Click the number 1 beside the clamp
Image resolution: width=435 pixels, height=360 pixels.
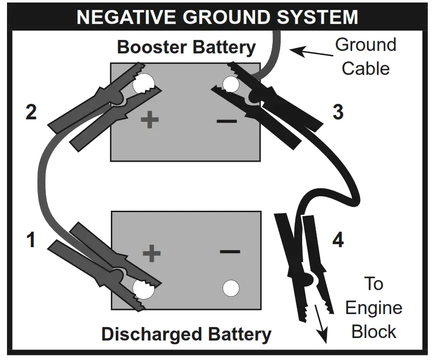tap(31, 240)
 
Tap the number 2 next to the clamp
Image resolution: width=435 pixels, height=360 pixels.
tap(31, 112)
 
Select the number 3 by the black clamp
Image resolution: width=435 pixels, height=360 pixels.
tap(338, 112)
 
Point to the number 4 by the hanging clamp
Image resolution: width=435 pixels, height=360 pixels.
tap(338, 241)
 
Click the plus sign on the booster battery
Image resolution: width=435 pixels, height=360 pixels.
tap(149, 120)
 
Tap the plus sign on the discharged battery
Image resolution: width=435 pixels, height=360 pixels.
tap(151, 253)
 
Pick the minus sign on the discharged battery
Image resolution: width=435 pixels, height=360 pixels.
tap(230, 251)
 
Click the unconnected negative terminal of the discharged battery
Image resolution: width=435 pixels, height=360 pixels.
tap(230, 288)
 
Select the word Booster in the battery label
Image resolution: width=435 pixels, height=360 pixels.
tap(151, 47)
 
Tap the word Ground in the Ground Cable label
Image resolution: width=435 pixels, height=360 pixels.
tap(366, 44)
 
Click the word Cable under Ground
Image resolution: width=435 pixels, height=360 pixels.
tap(366, 68)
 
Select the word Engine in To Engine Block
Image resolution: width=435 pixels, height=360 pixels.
tap(374, 308)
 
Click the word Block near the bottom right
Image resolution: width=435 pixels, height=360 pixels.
tap(374, 331)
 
